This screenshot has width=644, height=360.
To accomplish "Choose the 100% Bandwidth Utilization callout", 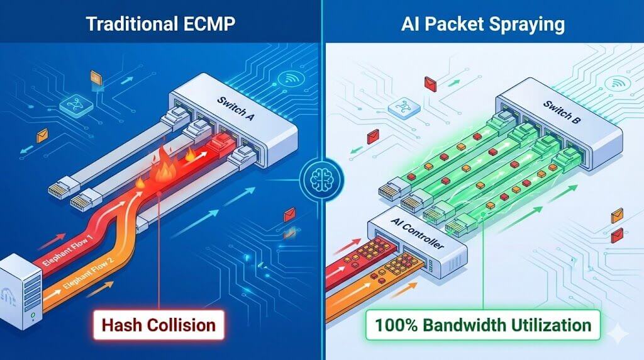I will (482, 325).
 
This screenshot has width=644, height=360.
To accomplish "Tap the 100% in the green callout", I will (394, 325).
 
